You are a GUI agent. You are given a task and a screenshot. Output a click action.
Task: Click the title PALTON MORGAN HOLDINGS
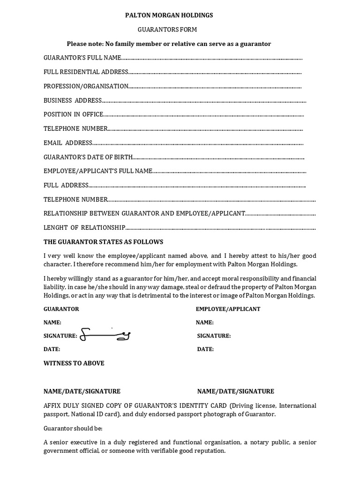169,15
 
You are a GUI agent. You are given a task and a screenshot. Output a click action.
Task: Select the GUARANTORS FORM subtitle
167,30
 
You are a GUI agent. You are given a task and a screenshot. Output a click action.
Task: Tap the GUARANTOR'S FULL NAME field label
82,58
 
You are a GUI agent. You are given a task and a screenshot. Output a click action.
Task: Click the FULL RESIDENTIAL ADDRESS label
86,72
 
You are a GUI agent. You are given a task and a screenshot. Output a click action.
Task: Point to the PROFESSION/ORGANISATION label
86,86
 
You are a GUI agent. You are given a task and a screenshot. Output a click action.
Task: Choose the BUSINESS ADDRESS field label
73,100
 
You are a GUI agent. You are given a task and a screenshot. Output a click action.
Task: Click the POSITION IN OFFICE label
73,114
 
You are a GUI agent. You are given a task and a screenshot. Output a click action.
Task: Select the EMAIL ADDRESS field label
67,143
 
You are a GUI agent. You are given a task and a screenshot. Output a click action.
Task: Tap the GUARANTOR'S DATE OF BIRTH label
88,157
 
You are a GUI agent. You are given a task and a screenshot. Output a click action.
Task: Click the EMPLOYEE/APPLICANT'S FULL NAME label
98,171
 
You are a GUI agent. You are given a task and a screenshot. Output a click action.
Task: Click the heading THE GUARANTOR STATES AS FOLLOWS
103,242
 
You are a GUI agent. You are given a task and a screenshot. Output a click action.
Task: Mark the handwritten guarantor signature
105,335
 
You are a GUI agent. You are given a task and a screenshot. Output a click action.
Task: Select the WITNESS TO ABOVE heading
74,363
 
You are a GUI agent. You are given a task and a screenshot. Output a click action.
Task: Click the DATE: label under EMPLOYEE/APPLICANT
205,349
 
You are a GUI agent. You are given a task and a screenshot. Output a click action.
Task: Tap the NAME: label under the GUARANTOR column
52,322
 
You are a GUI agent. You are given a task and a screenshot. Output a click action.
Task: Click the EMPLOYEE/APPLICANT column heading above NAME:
228,309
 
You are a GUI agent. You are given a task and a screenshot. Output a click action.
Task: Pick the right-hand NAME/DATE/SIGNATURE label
235,391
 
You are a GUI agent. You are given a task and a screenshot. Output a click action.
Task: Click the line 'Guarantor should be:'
73,428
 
